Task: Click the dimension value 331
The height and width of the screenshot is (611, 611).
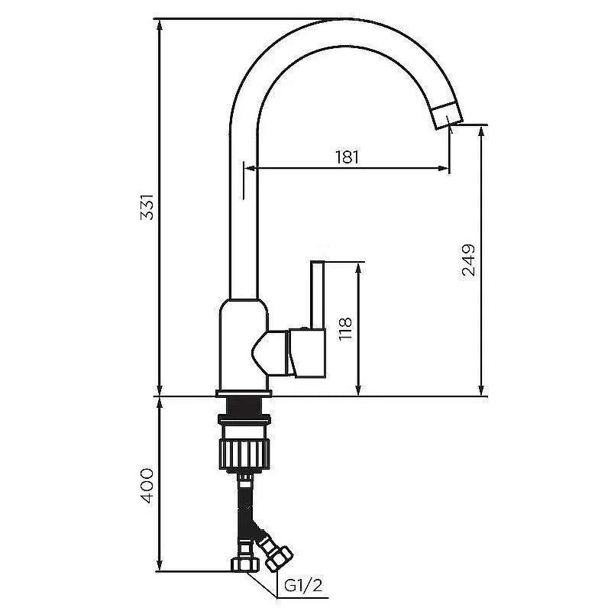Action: [147, 206]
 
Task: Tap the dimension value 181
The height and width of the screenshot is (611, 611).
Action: [347, 157]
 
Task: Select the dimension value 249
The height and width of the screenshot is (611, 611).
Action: [468, 260]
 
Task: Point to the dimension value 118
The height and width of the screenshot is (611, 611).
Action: [345, 329]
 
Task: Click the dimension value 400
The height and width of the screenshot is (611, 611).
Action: [147, 486]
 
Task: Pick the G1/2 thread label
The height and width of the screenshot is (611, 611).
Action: [303, 585]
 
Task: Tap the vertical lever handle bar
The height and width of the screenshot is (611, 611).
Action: [317, 295]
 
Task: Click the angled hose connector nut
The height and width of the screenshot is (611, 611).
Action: [278, 558]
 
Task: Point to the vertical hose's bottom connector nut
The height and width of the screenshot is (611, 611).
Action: [244, 564]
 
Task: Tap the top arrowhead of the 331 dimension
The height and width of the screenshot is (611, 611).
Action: [159, 24]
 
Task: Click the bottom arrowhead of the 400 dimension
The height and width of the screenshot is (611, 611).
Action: [159, 566]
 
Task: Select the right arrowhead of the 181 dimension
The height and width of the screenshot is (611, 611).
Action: [444, 168]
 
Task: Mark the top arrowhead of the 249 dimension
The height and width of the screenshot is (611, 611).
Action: [482, 131]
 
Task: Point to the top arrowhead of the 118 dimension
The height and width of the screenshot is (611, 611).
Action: [358, 268]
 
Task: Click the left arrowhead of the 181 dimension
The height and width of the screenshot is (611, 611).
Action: [250, 168]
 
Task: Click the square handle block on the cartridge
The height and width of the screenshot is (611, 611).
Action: [308, 353]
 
